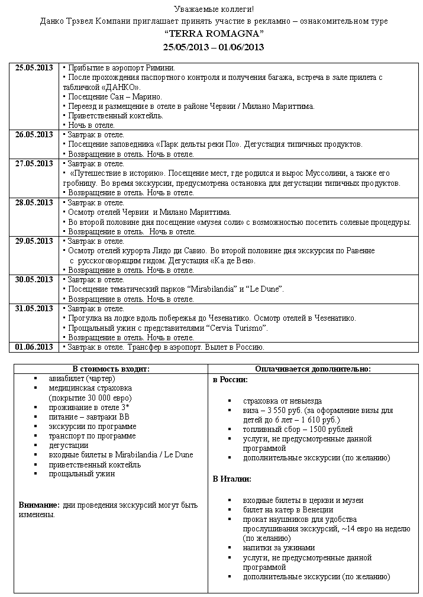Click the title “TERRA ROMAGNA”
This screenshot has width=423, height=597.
click(x=214, y=34)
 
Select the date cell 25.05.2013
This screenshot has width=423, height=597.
click(x=34, y=68)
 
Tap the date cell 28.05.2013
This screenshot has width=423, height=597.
click(x=34, y=203)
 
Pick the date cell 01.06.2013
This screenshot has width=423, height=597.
click(x=34, y=347)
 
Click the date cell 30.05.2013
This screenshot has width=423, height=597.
click(x=34, y=279)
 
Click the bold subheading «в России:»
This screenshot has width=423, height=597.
click(x=230, y=379)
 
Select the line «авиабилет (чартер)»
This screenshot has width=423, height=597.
click(x=82, y=379)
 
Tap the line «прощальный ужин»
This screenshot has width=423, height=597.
click(x=82, y=473)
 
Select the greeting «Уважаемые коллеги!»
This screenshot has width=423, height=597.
click(x=214, y=9)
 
